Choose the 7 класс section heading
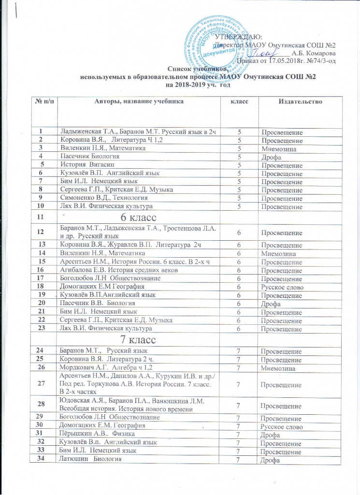[x=132, y=339]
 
